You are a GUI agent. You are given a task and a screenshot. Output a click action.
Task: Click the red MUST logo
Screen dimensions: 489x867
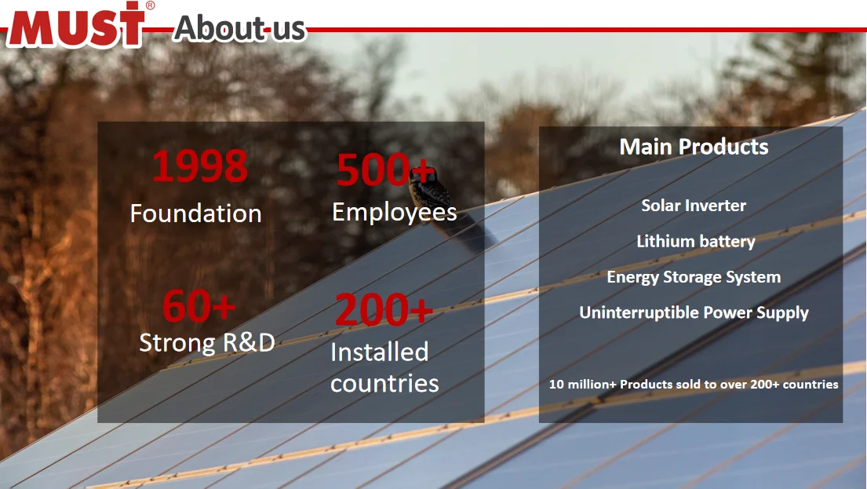[x=77, y=25]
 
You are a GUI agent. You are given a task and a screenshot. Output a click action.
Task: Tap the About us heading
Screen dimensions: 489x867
[x=239, y=28]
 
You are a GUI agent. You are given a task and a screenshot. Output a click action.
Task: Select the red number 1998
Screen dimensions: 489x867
[x=199, y=166]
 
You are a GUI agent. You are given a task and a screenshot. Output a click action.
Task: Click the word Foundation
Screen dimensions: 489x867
[x=195, y=213]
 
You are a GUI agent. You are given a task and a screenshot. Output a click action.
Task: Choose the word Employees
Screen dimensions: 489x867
[x=394, y=212]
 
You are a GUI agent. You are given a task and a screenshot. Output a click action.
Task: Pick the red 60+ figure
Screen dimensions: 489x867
[x=199, y=306]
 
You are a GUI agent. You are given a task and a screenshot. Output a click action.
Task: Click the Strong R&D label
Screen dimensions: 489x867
[x=207, y=343]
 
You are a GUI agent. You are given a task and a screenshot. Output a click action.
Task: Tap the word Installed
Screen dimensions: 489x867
[x=379, y=352]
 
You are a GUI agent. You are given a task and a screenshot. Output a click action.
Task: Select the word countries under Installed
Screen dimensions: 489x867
[x=384, y=383]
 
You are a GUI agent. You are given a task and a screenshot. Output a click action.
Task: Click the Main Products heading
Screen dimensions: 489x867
[x=694, y=147]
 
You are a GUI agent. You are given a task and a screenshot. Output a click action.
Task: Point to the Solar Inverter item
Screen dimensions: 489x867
[x=694, y=206]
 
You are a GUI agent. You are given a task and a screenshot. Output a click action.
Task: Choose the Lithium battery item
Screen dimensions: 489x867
[x=695, y=242]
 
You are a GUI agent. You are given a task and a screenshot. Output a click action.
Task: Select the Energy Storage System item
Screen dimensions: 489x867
[x=694, y=277]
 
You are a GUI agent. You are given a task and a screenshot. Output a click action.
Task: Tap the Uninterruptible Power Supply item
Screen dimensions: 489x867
[x=694, y=312]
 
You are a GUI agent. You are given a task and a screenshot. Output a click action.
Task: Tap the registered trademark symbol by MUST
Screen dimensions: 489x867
[x=150, y=5]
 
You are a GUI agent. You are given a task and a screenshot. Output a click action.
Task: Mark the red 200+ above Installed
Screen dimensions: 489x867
[x=383, y=310]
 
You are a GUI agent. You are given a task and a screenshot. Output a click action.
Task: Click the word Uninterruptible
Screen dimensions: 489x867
[x=639, y=312]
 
